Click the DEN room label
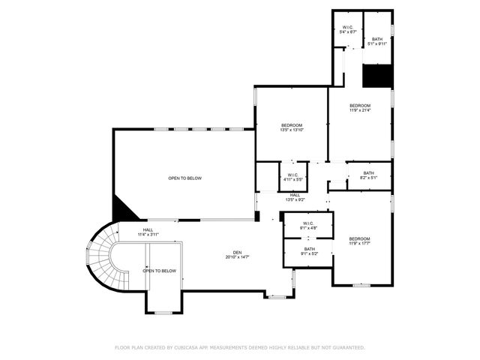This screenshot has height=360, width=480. [236, 252]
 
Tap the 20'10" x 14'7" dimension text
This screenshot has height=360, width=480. [236, 257]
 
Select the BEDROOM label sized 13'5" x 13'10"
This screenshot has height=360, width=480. [292, 124]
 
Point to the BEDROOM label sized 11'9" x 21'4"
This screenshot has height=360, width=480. [360, 106]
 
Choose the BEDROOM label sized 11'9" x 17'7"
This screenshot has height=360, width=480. [359, 238]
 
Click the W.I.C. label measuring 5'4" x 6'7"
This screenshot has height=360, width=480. [347, 28]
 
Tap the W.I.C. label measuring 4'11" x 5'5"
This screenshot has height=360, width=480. [293, 175]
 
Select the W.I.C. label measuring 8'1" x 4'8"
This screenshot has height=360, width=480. [308, 223]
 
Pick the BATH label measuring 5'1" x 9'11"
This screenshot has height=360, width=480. [377, 39]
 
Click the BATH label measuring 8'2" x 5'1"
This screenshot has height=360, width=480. [368, 172]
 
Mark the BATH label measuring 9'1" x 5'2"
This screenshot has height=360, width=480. [310, 249]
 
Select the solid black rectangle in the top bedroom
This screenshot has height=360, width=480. [377, 76]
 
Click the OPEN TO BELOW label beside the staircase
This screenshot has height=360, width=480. [160, 271]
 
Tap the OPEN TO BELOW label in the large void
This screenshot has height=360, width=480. [184, 178]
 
